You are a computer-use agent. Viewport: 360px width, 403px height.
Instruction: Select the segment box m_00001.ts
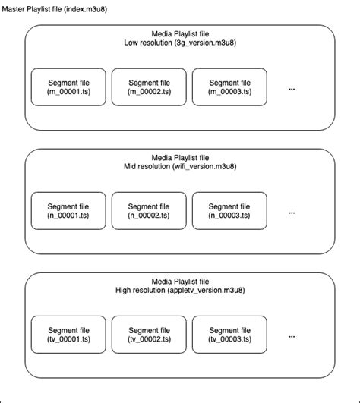click(68, 88)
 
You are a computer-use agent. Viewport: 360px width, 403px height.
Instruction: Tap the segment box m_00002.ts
click(149, 88)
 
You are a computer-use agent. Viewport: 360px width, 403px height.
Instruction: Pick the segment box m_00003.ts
click(229, 88)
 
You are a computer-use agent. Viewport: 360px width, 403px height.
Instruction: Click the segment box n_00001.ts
click(68, 212)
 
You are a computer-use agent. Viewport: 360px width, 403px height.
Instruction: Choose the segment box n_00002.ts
click(149, 212)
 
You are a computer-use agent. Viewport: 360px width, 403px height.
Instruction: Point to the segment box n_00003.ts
click(229, 212)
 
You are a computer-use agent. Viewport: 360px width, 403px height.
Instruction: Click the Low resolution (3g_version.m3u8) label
click(179, 44)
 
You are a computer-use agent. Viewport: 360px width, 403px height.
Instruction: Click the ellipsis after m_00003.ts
click(292, 89)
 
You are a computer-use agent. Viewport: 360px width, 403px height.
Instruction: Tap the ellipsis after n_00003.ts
click(292, 213)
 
